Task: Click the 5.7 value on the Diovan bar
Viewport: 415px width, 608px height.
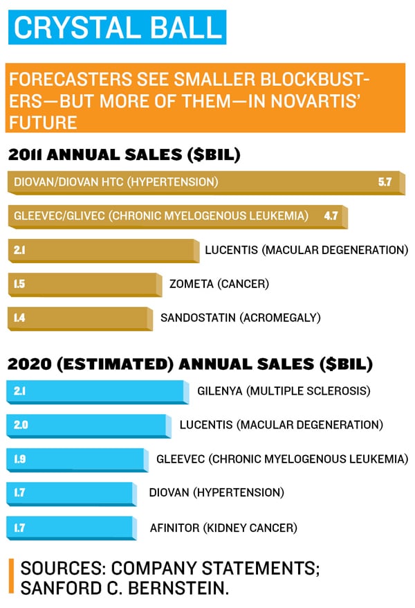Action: coord(385,182)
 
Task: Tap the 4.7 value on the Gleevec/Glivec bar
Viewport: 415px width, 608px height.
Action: coord(331,216)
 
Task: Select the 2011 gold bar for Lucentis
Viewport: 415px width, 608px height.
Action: coord(104,249)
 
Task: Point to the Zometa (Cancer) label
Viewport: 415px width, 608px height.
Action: coord(219,283)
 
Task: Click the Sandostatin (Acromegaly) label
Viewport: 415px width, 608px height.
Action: coord(240,317)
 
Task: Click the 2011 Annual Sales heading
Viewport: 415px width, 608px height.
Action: coord(124,155)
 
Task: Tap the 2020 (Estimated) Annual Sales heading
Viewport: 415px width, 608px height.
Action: coord(190,364)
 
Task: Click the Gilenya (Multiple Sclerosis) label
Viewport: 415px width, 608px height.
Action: coord(284,391)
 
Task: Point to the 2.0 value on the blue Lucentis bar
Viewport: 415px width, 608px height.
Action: coord(21,425)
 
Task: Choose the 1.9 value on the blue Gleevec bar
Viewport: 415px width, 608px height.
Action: coord(21,459)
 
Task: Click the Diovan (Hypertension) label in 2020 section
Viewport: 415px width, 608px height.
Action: coord(216,492)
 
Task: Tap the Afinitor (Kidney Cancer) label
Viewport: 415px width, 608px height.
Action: coord(223,528)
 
